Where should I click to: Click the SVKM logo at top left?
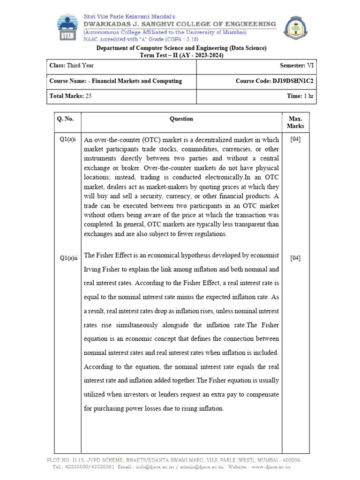tap(69, 28)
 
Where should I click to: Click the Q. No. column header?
tap(65, 119)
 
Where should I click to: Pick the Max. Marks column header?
tap(295, 122)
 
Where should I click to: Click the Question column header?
tap(181, 119)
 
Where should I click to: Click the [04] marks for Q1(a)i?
tap(295, 140)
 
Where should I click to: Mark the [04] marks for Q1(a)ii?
tap(295, 258)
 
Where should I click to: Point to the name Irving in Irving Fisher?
tap(94, 270)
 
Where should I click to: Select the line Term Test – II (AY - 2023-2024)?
tap(181, 55)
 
